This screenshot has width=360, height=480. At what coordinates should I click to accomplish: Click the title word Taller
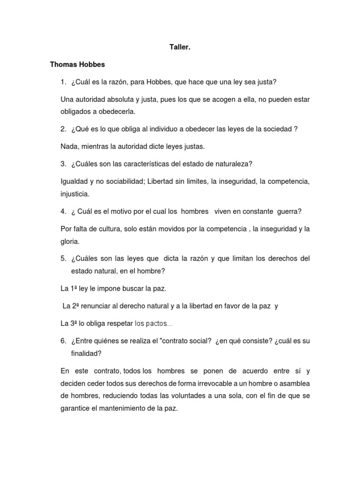(180, 47)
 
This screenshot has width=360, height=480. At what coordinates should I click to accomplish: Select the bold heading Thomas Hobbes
(77, 65)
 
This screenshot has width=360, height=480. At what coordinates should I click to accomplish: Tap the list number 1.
(63, 82)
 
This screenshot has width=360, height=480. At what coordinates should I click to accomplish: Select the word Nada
(69, 147)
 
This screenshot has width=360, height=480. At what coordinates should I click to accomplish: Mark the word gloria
(70, 241)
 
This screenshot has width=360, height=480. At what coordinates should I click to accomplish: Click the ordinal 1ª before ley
(74, 288)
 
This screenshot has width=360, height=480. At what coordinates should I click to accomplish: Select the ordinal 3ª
(75, 323)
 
